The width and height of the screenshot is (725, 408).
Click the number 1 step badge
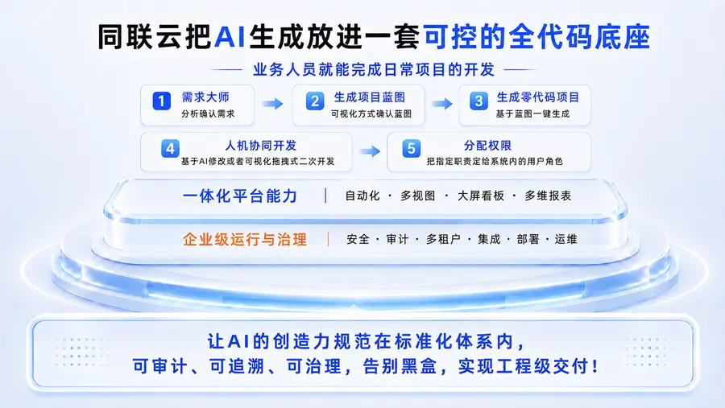(161, 101)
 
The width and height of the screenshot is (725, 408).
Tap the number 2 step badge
(315, 101)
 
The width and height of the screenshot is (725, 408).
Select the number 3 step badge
(478, 101)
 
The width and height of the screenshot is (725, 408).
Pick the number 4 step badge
(170, 148)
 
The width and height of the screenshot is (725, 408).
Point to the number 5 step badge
(411, 148)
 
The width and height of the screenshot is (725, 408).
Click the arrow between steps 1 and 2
(273, 104)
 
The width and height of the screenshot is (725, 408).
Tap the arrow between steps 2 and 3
(442, 104)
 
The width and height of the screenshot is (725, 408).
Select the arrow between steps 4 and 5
(370, 151)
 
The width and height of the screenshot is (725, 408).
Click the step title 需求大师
(205, 97)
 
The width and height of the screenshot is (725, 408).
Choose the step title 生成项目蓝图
(370, 97)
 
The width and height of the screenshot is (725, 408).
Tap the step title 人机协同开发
(261, 146)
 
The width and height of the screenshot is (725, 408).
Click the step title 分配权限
(488, 146)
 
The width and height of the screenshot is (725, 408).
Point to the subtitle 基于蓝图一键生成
(532, 113)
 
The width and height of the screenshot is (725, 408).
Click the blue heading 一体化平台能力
(239, 196)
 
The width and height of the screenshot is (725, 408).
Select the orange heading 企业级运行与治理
(245, 239)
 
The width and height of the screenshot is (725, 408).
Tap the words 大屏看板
(481, 196)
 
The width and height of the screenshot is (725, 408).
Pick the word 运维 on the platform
(566, 239)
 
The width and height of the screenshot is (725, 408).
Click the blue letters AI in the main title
(230, 36)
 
